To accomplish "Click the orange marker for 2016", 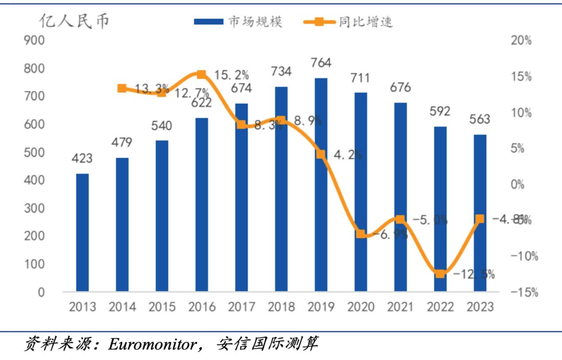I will (x=201, y=74).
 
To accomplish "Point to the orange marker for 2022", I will (x=440, y=274).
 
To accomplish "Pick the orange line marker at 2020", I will (x=361, y=234).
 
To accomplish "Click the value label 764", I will (x=321, y=63).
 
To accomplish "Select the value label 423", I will (x=82, y=158).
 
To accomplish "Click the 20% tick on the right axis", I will (x=521, y=41).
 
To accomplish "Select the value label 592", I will (x=440, y=111).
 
